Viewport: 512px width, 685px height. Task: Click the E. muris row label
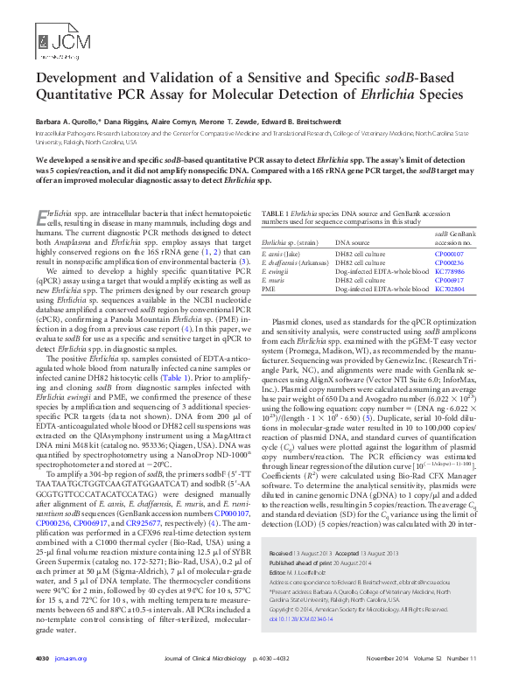click(x=275, y=280)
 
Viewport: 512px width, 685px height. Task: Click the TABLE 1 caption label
click(x=278, y=213)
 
